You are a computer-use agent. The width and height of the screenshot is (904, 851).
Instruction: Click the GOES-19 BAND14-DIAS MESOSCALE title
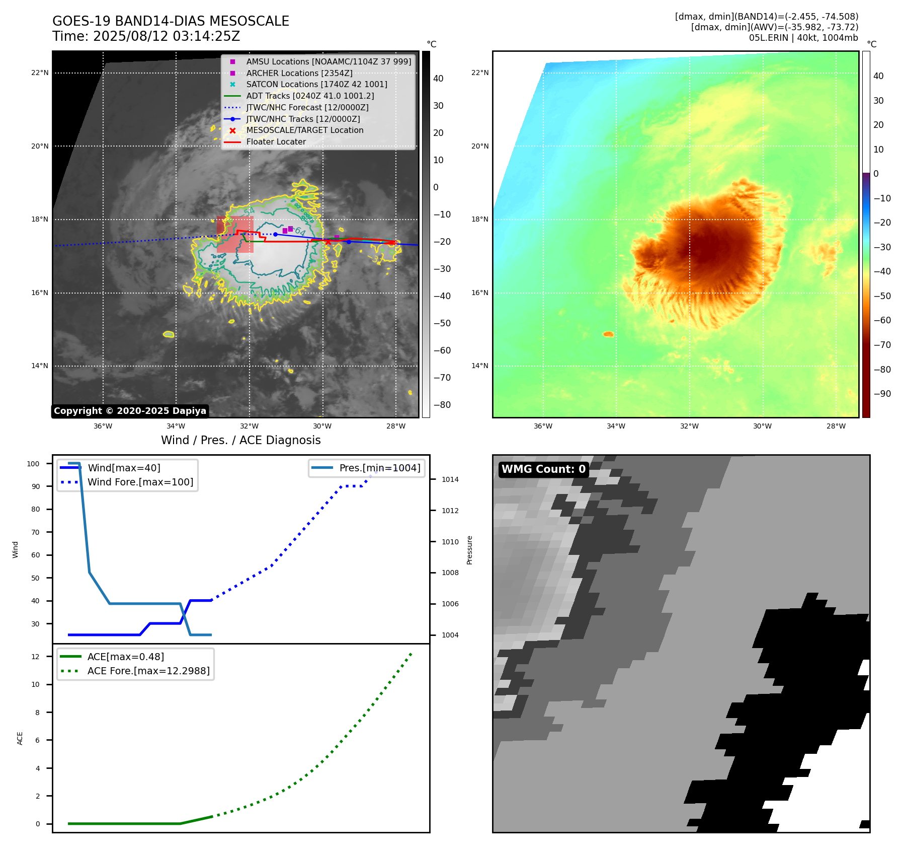pyautogui.click(x=171, y=21)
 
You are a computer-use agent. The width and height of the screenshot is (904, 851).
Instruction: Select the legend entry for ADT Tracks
pyautogui.click(x=310, y=96)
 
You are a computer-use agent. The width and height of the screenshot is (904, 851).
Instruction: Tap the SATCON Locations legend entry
pyautogui.click(x=316, y=84)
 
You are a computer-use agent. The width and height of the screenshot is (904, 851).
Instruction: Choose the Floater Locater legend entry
pyautogui.click(x=276, y=141)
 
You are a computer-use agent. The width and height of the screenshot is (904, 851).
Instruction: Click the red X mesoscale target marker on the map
pyautogui.click(x=328, y=242)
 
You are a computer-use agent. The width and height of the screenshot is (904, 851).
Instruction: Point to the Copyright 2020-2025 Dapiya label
pyautogui.click(x=130, y=411)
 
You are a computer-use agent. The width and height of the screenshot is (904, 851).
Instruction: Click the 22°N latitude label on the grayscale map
pyautogui.click(x=40, y=73)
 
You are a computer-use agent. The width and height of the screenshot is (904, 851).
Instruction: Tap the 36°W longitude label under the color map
pyautogui.click(x=543, y=426)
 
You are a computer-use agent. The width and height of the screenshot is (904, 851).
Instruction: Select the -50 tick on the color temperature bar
pyautogui.click(x=882, y=296)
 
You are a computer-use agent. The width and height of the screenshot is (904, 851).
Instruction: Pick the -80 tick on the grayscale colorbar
pyautogui.click(x=442, y=405)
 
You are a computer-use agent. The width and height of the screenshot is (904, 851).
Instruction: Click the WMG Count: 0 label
pyautogui.click(x=543, y=469)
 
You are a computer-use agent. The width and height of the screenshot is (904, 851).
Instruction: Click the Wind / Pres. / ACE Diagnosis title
pyautogui.click(x=240, y=440)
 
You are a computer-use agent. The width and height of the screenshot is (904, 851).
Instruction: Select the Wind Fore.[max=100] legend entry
pyautogui.click(x=140, y=482)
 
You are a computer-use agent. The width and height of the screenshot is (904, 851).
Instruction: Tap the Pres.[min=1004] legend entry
pyautogui.click(x=379, y=468)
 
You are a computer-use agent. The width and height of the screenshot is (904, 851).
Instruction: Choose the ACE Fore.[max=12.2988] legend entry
pyautogui.click(x=148, y=671)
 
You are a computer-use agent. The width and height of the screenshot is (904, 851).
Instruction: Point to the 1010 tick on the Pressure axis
pyautogui.click(x=450, y=542)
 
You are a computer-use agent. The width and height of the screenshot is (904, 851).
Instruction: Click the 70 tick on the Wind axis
pyautogui.click(x=35, y=532)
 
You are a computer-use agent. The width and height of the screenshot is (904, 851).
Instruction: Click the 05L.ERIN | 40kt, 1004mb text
pyautogui.click(x=803, y=38)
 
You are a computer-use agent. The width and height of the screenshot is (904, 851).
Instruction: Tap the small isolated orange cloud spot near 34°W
pyautogui.click(x=608, y=334)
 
